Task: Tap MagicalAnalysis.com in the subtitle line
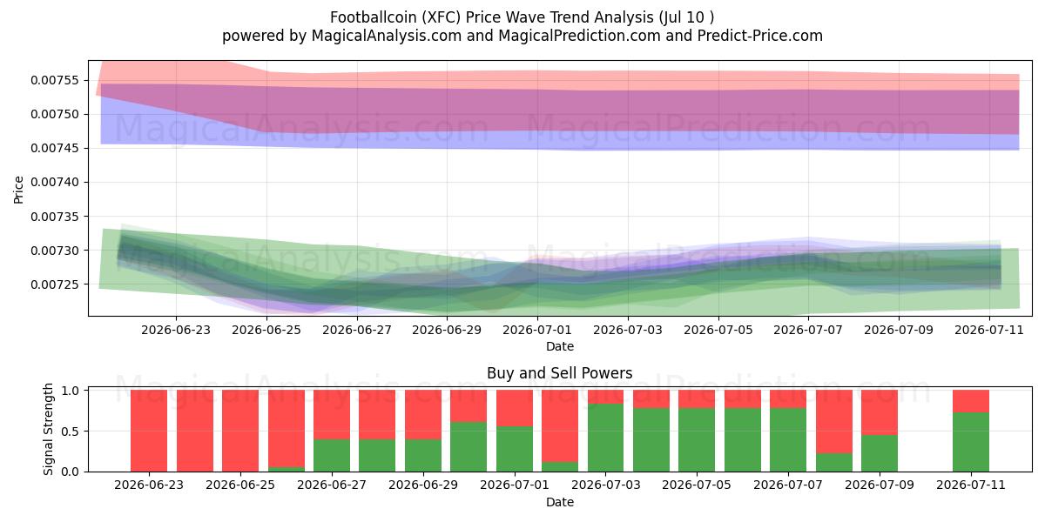point(387,36)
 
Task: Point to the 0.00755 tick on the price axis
point(55,80)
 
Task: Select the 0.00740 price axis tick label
point(55,182)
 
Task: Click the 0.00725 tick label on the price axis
point(55,284)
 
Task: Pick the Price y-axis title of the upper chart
point(18,190)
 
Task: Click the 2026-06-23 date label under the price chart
point(176,330)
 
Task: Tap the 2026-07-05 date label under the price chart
point(718,330)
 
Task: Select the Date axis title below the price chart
point(560,346)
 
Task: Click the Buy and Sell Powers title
point(560,373)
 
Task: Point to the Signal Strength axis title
point(48,429)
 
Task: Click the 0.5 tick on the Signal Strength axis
point(70,432)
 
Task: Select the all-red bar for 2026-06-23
point(149,431)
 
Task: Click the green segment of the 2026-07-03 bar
point(605,438)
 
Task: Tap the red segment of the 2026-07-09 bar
point(880,412)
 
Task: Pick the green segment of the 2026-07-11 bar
point(971,442)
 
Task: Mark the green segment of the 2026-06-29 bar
point(423,455)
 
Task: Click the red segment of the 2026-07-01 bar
point(515,408)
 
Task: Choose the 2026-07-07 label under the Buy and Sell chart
point(788,485)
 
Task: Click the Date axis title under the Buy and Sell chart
point(560,502)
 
